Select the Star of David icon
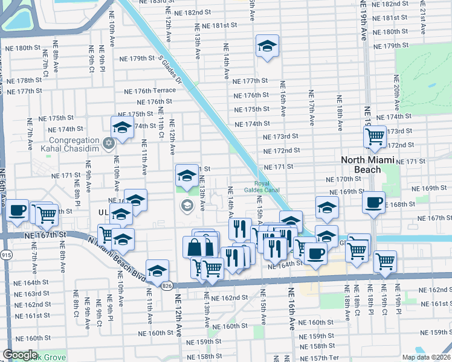(109, 143)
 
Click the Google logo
(21, 355)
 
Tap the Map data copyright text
(427, 357)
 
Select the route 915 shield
(5, 255)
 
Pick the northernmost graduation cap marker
(266, 46)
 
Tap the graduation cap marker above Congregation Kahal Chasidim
(122, 127)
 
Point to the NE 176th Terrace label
(149, 91)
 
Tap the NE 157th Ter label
(317, 358)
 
